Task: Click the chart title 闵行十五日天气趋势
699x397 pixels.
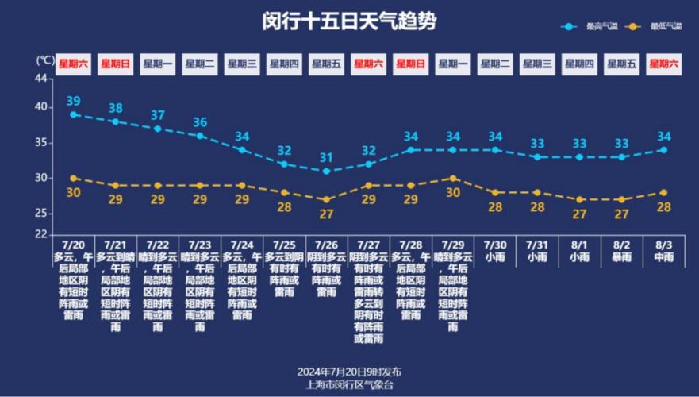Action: pyautogui.click(x=349, y=21)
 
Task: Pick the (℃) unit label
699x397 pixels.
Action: pyautogui.click(x=44, y=60)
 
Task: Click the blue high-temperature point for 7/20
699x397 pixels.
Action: pyautogui.click(x=73, y=114)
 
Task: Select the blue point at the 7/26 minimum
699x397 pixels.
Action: pyautogui.click(x=326, y=171)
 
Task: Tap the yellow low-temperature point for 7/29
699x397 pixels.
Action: pyautogui.click(x=453, y=178)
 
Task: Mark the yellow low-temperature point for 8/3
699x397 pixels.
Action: pyautogui.click(x=663, y=192)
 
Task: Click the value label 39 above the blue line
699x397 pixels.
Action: pyautogui.click(x=73, y=101)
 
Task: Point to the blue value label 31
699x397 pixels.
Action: pyautogui.click(x=326, y=157)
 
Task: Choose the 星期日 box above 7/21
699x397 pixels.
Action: pyautogui.click(x=115, y=64)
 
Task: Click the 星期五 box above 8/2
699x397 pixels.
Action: pyautogui.click(x=621, y=64)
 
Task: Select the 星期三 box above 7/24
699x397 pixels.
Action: pyautogui.click(x=241, y=64)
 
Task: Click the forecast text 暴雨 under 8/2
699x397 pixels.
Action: pyautogui.click(x=621, y=257)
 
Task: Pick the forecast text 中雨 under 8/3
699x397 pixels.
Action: pyautogui.click(x=663, y=257)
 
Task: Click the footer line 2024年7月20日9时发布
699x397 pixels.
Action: pyautogui.click(x=349, y=372)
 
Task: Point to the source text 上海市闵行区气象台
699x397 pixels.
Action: pyautogui.click(x=349, y=384)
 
